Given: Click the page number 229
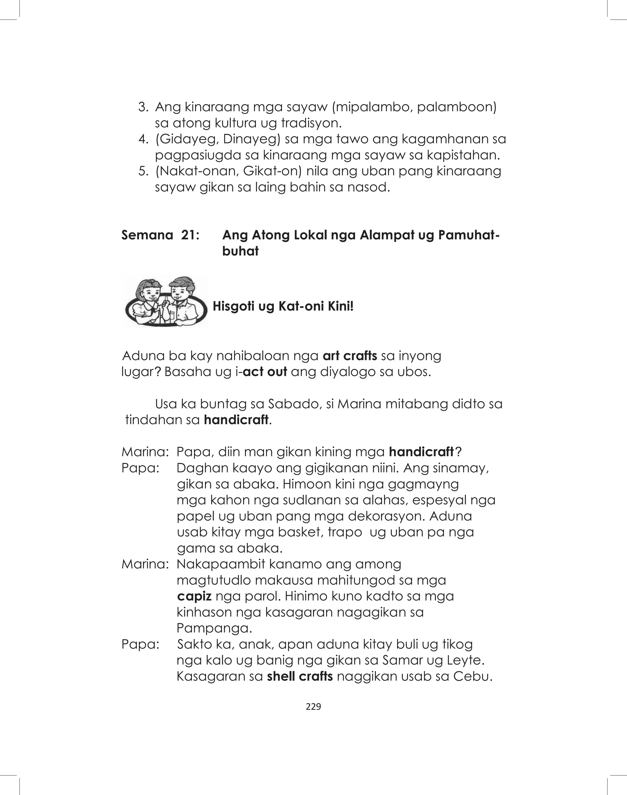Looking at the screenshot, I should [x=313, y=707].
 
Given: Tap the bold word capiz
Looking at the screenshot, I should [x=194, y=596].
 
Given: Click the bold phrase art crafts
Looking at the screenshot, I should [x=350, y=356].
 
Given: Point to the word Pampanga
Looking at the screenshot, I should [x=214, y=628].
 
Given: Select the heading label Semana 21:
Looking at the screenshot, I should [x=160, y=235].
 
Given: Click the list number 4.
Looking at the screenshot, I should [x=143, y=139].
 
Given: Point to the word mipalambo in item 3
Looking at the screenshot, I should [x=373, y=107].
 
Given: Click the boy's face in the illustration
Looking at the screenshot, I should [x=180, y=292].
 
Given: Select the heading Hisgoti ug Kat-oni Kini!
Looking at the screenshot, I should [x=283, y=306].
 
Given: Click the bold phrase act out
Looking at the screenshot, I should [x=265, y=372].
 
